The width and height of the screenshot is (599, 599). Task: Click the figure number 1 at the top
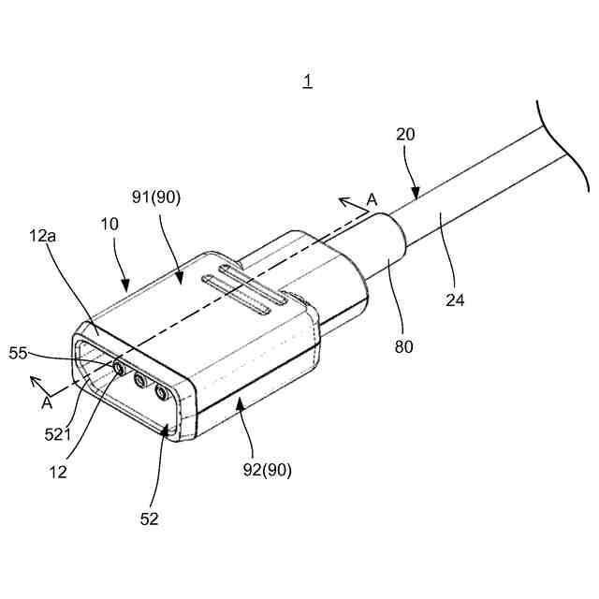307,82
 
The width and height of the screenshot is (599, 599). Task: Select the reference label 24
456,300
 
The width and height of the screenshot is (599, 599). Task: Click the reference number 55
19,352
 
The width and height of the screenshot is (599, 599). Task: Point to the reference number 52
151,519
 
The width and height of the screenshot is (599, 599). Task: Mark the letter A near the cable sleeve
372,198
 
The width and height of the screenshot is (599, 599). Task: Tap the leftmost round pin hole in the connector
120,368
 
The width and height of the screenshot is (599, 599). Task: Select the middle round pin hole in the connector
141,380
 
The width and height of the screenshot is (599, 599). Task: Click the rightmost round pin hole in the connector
164,392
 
